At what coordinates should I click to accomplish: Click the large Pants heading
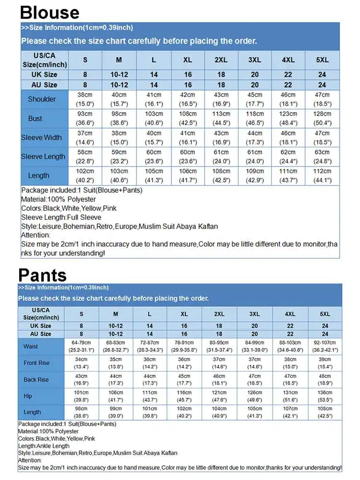coord(42,275)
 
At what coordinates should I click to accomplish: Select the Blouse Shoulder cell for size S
coord(85,99)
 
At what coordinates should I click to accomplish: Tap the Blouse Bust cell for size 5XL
coord(322,118)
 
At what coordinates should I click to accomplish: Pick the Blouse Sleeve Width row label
coord(41,138)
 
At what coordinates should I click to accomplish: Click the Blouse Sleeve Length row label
coord(43,157)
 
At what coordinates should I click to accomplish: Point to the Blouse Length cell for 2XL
coord(221,176)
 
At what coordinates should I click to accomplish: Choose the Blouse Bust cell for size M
coord(119,118)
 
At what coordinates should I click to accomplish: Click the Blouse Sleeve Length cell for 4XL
coord(288,157)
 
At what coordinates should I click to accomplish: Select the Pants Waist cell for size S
coord(81,347)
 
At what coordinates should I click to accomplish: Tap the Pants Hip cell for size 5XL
coord(325,396)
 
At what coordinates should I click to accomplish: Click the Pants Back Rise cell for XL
coord(184,380)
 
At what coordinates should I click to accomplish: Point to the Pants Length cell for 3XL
coord(254,412)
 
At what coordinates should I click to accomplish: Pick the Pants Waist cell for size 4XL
coord(290,347)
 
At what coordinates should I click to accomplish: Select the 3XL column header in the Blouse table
coord(254,60)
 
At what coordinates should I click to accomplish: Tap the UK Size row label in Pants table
coord(41,326)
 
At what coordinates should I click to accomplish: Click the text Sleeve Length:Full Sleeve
coord(61,217)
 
